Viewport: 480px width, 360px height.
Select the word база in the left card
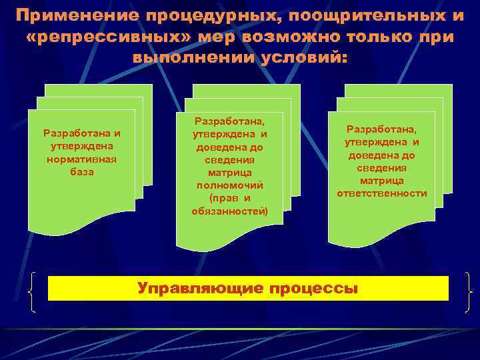(81, 171)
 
